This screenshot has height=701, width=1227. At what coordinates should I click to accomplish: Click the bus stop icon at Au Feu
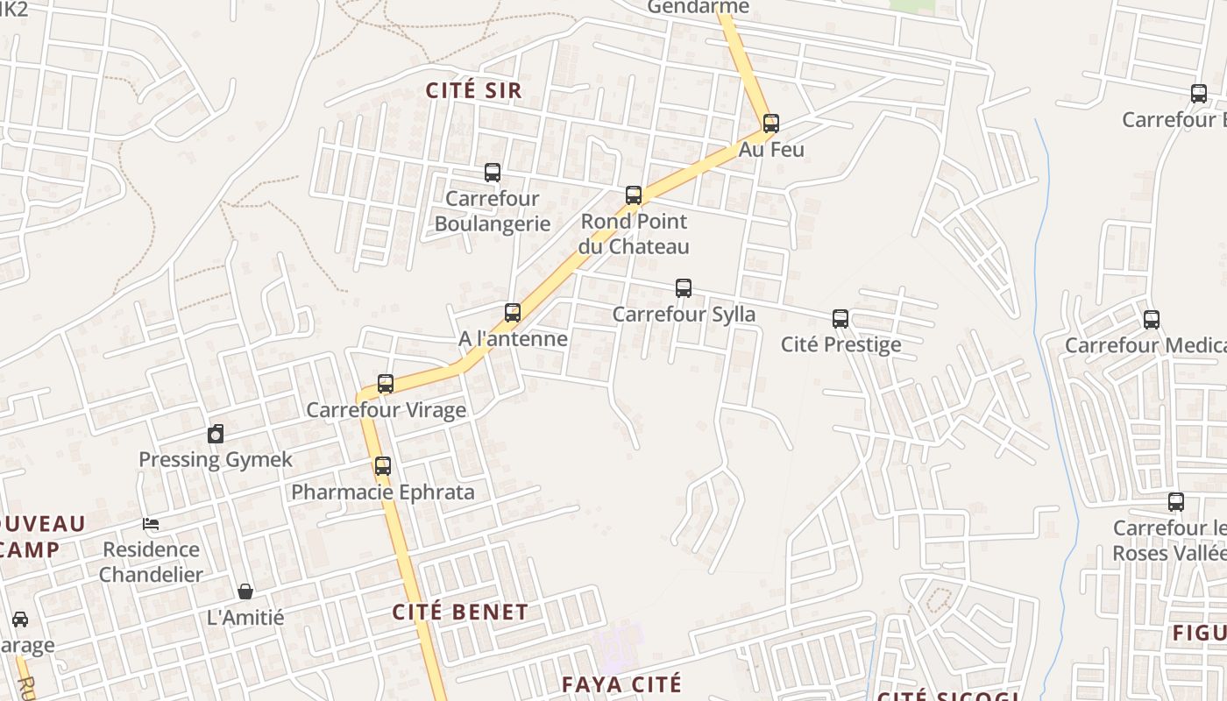pyautogui.click(x=771, y=124)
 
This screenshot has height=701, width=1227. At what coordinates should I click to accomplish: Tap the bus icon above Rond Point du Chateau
pyautogui.click(x=634, y=195)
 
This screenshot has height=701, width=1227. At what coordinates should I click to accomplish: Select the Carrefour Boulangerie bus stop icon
pyautogui.click(x=493, y=173)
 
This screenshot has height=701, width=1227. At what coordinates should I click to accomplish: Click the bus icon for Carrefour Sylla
pyautogui.click(x=684, y=288)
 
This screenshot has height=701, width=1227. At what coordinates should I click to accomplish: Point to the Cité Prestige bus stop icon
pyautogui.click(x=840, y=319)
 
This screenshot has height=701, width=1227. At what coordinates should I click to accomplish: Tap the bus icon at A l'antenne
pyautogui.click(x=513, y=313)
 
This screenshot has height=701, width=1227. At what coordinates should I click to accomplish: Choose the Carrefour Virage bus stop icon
pyautogui.click(x=386, y=384)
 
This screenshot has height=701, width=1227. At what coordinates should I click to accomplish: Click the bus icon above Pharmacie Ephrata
pyautogui.click(x=383, y=466)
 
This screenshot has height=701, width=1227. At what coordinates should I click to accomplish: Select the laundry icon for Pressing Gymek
pyautogui.click(x=216, y=434)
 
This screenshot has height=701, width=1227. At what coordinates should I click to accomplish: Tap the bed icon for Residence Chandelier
pyautogui.click(x=151, y=524)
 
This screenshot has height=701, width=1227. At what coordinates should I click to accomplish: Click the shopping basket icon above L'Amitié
pyautogui.click(x=245, y=591)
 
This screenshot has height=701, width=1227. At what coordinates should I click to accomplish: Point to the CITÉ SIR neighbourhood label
pyautogui.click(x=473, y=90)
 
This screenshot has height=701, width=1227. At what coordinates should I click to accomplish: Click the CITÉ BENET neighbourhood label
pyautogui.click(x=460, y=612)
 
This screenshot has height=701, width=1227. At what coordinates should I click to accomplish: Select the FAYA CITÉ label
pyautogui.click(x=621, y=684)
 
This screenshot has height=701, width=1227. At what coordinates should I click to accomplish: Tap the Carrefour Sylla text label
pyautogui.click(x=684, y=314)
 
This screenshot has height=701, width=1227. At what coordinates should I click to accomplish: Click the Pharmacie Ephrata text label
pyautogui.click(x=383, y=492)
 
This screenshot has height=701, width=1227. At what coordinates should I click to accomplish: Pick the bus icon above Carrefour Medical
pyautogui.click(x=1152, y=320)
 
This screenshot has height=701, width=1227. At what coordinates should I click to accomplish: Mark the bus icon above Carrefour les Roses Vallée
pyautogui.click(x=1176, y=502)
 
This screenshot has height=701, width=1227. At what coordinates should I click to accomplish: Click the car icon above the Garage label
pyautogui.click(x=20, y=620)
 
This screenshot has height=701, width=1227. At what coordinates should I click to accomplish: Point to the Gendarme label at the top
pyautogui.click(x=699, y=8)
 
